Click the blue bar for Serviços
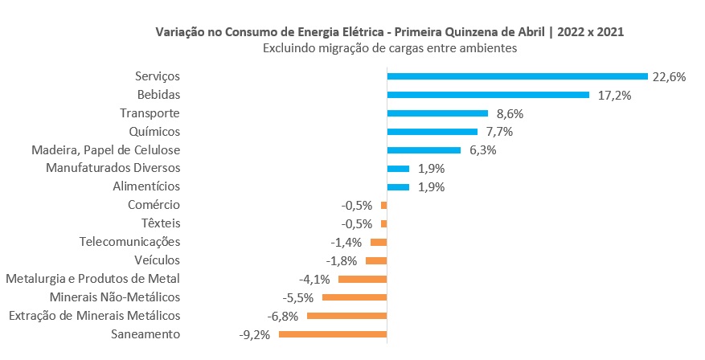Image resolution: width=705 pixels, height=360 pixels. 517,76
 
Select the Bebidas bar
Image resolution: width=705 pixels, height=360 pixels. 488,95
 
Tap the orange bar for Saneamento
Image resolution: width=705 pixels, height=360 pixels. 333,334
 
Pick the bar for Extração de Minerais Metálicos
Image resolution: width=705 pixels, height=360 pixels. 346,316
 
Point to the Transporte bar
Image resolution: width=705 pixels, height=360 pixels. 437,113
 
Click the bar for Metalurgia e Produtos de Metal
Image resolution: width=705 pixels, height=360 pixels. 363,279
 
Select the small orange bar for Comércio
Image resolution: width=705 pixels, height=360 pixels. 384,206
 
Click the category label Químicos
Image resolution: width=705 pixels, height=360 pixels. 154,132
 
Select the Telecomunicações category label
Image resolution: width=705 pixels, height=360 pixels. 130,242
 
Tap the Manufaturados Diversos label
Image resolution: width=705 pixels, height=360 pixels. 113,169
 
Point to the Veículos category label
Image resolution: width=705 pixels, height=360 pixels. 158,260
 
